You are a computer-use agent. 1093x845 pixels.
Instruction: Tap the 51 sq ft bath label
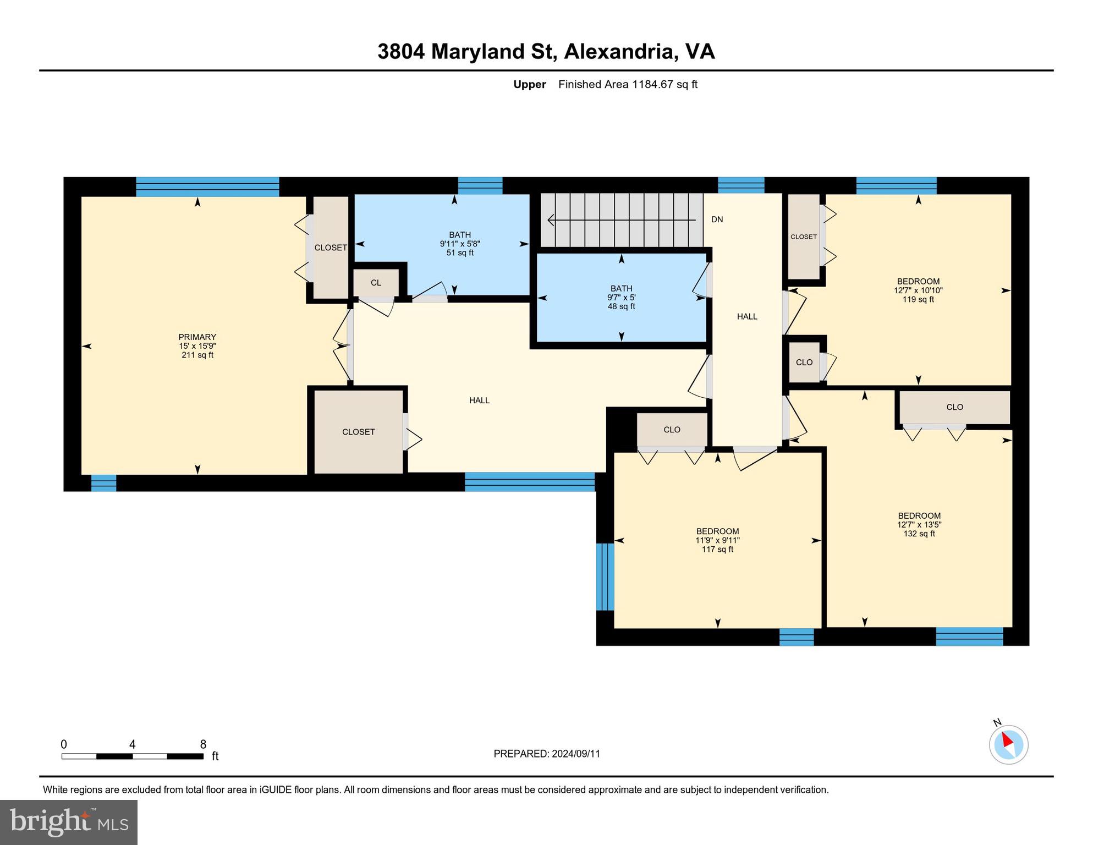(460, 244)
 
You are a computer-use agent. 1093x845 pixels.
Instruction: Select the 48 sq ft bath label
(621, 297)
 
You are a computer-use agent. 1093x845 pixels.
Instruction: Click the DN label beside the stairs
(717, 220)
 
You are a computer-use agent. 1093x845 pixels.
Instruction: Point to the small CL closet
(376, 283)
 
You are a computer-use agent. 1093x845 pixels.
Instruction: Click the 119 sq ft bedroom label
(918, 290)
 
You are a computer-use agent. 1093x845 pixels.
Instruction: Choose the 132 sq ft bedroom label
(919, 524)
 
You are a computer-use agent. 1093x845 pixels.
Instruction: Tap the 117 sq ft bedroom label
(717, 540)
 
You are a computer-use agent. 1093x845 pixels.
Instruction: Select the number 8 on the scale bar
(203, 744)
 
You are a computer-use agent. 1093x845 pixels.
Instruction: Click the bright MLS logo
(69, 822)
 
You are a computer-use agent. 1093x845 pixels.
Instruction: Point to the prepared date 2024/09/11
(546, 754)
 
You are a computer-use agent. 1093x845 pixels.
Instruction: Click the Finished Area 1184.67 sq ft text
(628, 84)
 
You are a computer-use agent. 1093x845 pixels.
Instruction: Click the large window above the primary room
(207, 186)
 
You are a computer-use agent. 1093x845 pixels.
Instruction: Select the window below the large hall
(529, 481)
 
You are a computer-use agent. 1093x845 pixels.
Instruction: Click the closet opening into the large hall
(358, 432)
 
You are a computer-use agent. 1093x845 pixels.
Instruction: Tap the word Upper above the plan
(529, 84)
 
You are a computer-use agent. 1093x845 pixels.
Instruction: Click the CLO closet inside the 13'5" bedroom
(954, 407)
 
